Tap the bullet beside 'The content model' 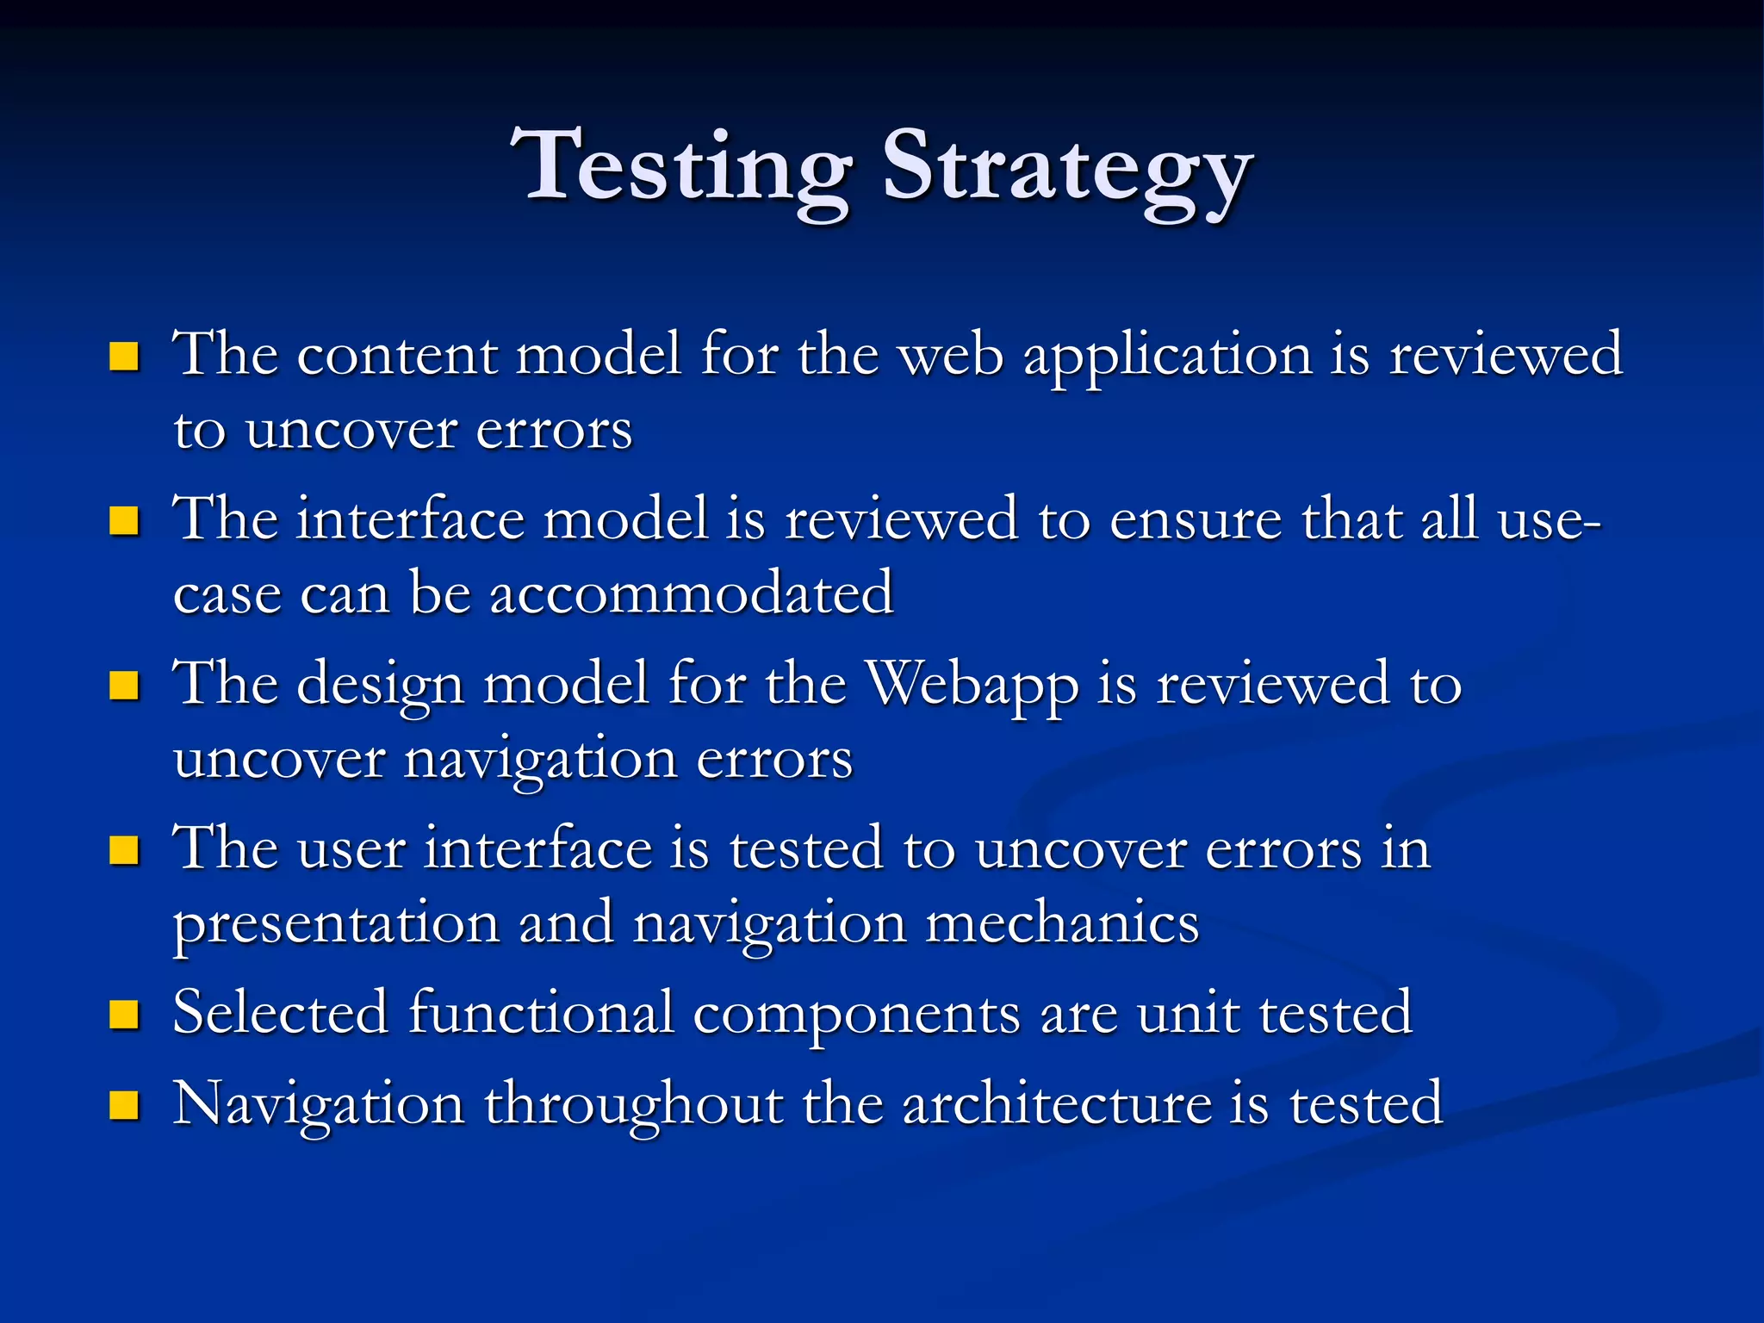tap(125, 356)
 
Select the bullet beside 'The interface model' tap(125, 520)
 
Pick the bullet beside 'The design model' tap(125, 686)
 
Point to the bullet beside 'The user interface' tap(125, 850)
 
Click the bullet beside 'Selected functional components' tap(125, 1015)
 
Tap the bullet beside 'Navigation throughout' tap(125, 1105)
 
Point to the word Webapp tap(972, 686)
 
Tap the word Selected tap(281, 1013)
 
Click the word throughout tap(634, 1106)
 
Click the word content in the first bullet tap(397, 356)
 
